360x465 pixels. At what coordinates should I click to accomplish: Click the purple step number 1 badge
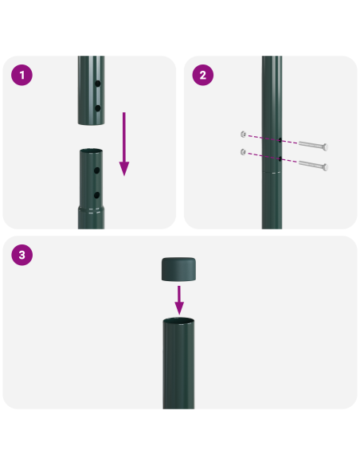(x=22, y=76)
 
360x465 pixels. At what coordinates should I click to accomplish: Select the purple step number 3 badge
(x=22, y=256)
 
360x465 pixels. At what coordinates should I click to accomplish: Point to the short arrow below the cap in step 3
(x=179, y=301)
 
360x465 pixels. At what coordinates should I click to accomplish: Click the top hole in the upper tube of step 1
(x=98, y=84)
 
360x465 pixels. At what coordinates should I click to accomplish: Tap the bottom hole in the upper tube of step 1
(x=98, y=107)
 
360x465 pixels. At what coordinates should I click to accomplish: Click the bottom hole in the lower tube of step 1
(x=98, y=193)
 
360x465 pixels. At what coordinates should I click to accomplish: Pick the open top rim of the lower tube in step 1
(x=91, y=150)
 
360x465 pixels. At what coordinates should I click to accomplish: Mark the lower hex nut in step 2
(x=242, y=150)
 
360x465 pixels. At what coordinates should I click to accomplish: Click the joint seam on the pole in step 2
(x=272, y=174)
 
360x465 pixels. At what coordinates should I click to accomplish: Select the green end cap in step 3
(x=179, y=269)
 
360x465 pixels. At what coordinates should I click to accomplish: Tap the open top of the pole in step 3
(x=179, y=321)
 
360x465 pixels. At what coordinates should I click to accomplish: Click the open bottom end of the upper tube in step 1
(x=91, y=123)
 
